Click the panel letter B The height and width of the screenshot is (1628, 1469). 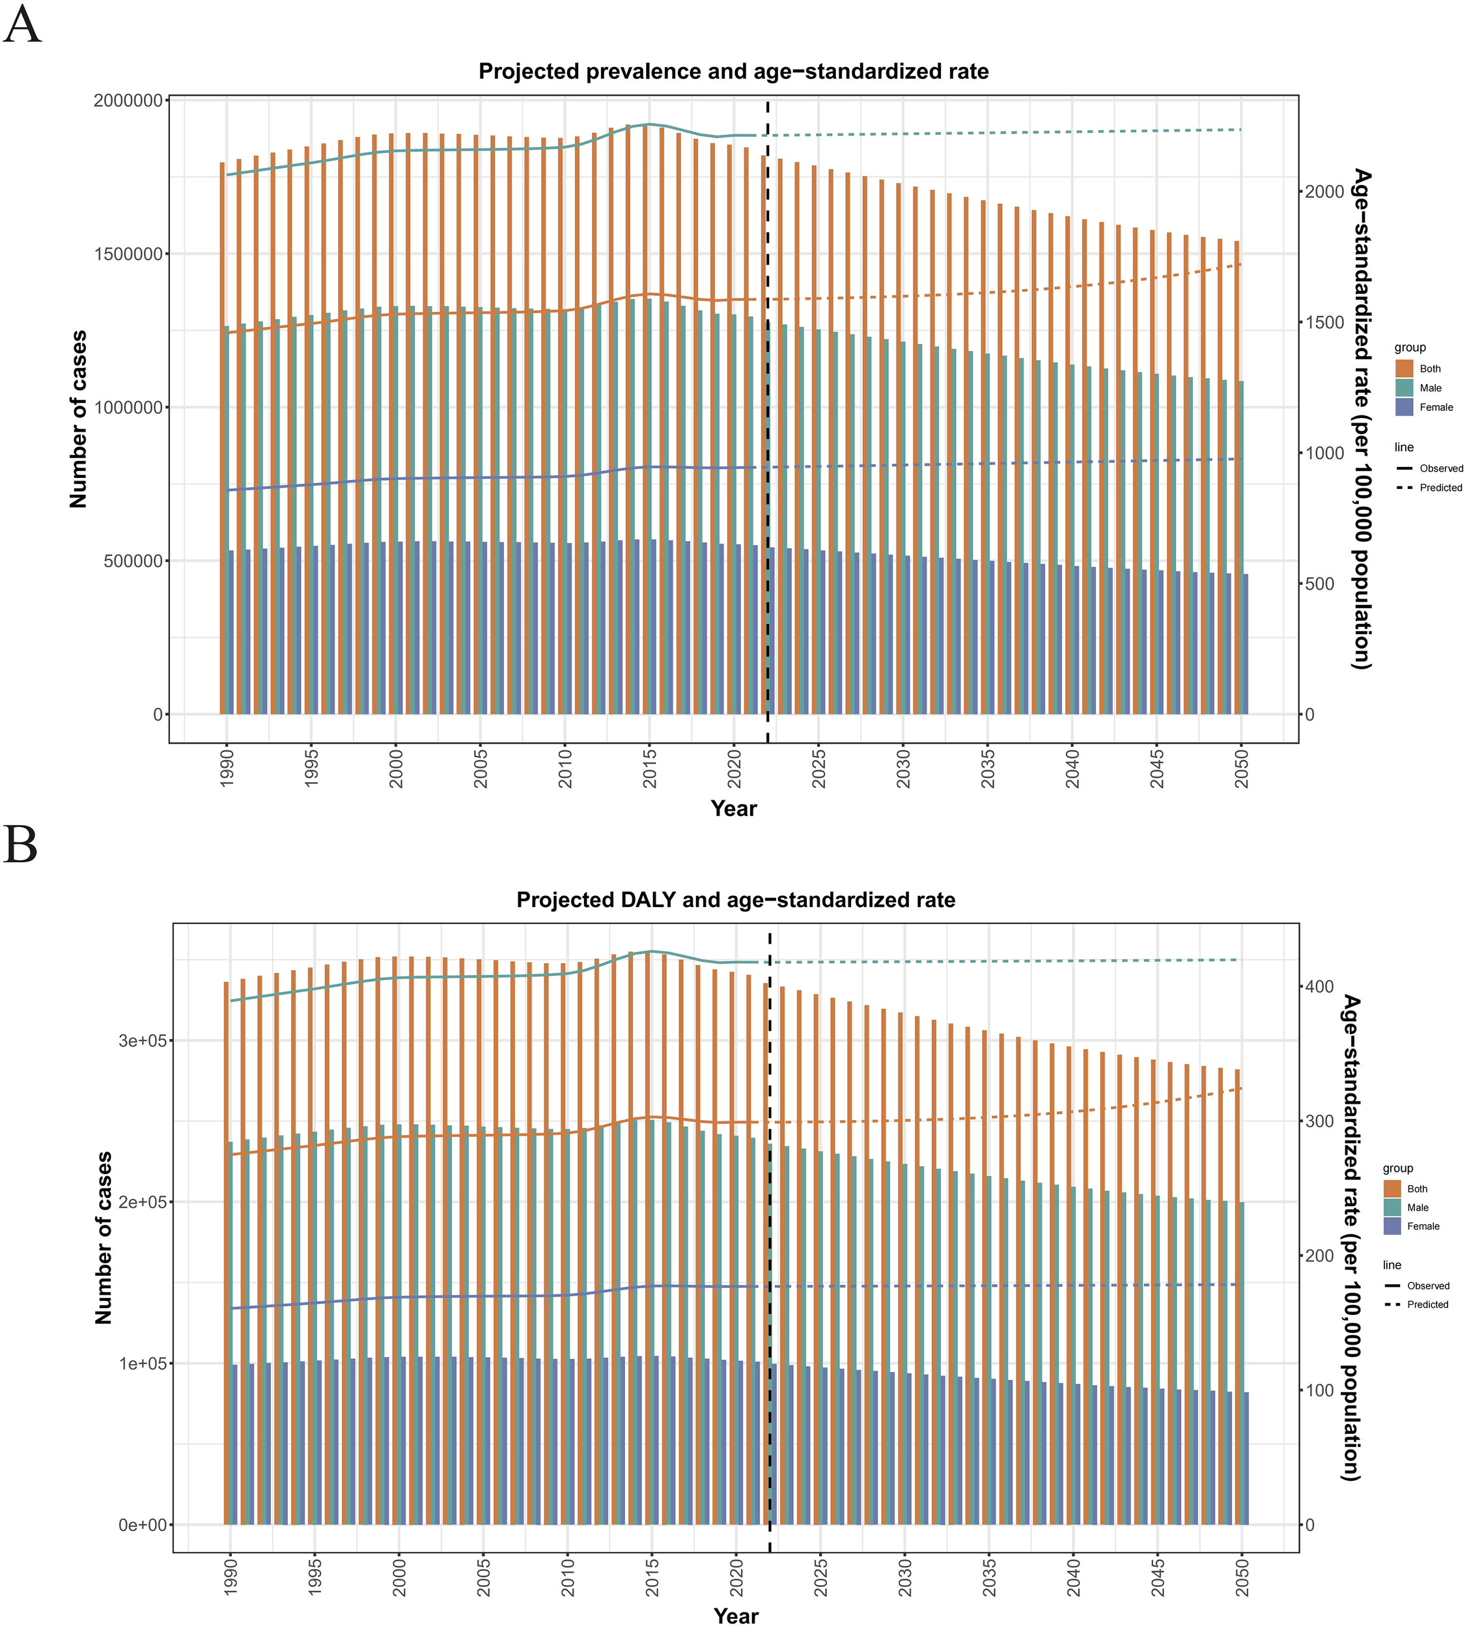21,845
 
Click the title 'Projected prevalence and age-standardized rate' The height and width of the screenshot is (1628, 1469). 733,72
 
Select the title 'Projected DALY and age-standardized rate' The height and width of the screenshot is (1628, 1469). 735,900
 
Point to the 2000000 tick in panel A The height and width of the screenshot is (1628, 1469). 128,101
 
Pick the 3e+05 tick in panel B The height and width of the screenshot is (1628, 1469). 142,1042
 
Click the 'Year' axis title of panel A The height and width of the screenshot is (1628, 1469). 733,809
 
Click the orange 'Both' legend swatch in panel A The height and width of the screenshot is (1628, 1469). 1405,369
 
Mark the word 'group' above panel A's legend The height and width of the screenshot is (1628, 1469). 1410,348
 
